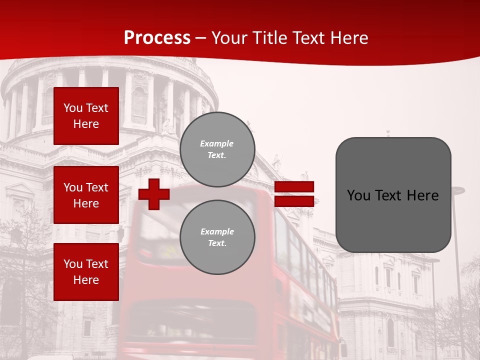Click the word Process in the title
157,37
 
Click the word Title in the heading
273,38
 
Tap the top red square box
86,116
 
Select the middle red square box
86,195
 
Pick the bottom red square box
86,272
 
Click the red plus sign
154,194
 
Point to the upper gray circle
217,149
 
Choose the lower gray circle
217,237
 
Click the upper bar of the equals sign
294,186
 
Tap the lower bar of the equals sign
294,201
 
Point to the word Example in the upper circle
217,143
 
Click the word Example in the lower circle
217,231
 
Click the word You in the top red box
72,108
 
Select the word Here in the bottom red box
86,280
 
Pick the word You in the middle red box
72,187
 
